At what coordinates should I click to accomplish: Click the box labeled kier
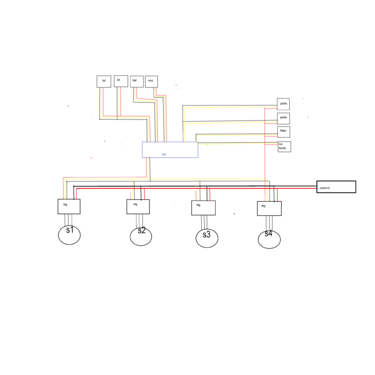point(137,81)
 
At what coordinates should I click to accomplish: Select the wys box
point(151,82)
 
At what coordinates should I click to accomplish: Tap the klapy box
point(284,132)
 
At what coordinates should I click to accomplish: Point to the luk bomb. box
point(284,146)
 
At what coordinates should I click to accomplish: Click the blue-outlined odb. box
point(170,149)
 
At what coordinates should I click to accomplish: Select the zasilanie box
point(336,187)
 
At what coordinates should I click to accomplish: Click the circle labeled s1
point(69,234)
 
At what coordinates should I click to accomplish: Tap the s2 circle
point(141,236)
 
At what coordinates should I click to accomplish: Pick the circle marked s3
point(207,238)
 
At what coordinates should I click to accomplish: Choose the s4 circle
point(269,239)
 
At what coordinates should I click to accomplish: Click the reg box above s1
point(69,206)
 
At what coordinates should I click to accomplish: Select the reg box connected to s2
point(138,207)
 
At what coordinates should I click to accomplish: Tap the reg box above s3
point(203,208)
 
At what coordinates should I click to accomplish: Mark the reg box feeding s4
point(270,208)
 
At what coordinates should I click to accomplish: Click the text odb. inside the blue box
point(164,154)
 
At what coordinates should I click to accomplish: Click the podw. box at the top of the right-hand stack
point(284,104)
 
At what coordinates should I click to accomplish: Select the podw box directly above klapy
point(284,118)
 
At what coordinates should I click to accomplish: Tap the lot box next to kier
point(121,81)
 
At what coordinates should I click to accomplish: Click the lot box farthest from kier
point(104,82)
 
